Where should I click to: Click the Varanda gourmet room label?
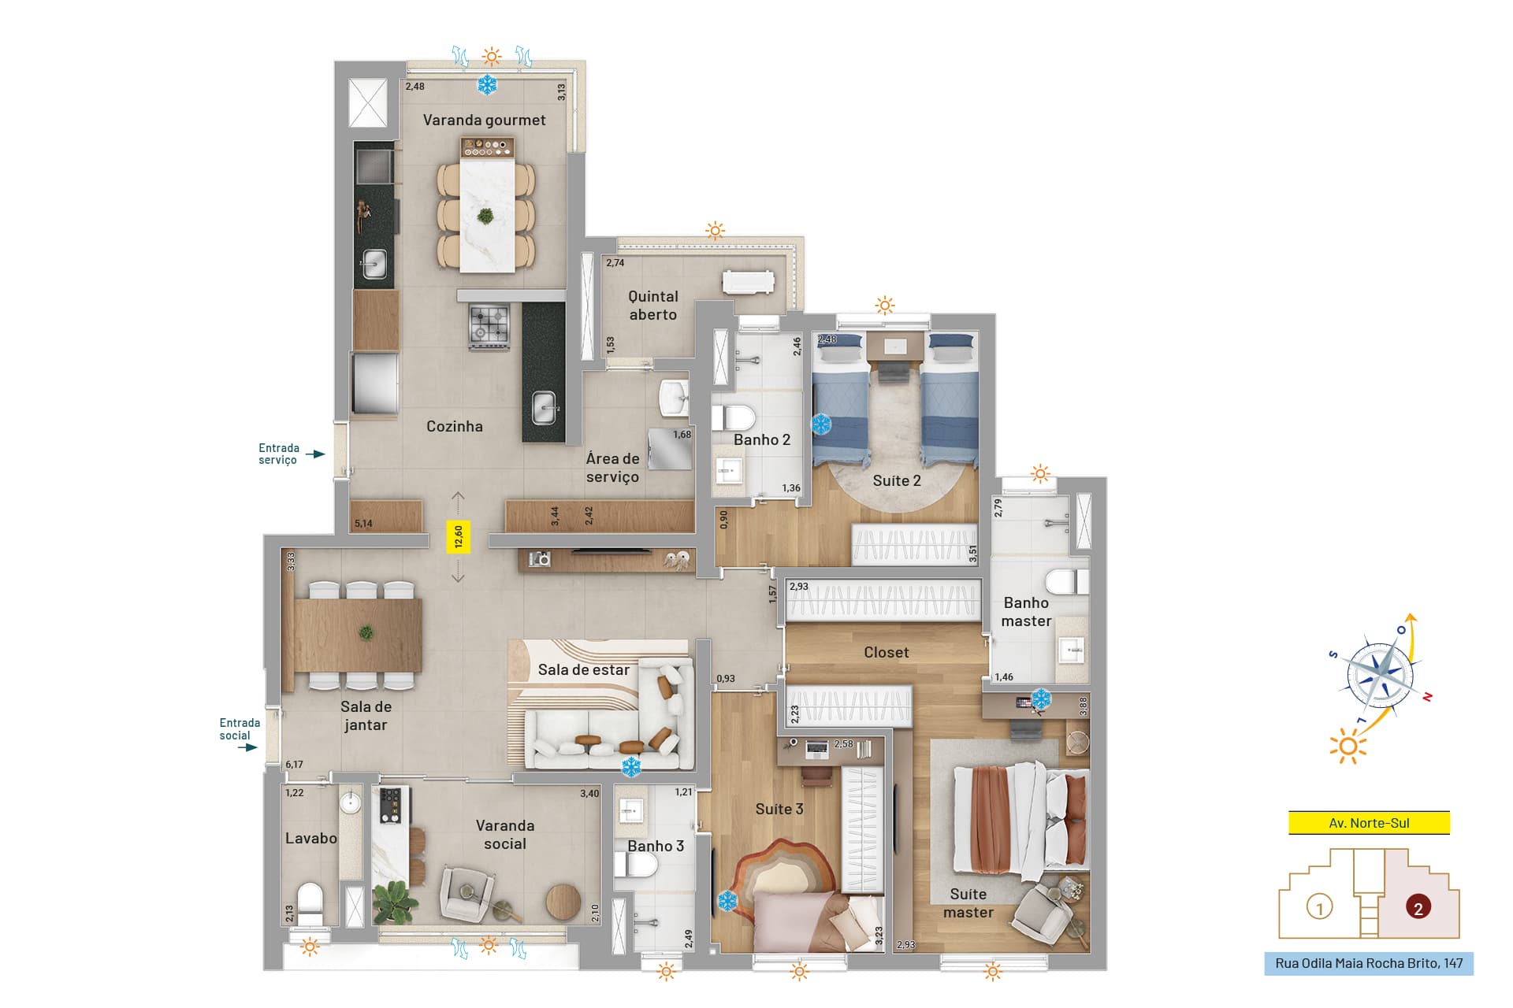tap(484, 120)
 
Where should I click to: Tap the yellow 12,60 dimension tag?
tap(458, 537)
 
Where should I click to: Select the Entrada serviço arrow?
tap(315, 454)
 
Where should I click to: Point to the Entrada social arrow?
tap(248, 747)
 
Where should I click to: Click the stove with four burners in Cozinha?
tap(489, 325)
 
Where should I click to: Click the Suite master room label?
tap(968, 903)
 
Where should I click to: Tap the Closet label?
tap(886, 652)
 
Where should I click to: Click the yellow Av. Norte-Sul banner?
tap(1369, 823)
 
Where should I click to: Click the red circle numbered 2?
tap(1418, 908)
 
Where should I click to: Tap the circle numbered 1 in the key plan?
tap(1319, 907)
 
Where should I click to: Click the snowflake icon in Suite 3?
tap(727, 902)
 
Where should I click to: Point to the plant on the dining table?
tap(366, 632)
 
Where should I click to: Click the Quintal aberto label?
tap(652, 306)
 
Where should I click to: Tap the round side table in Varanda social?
tap(563, 902)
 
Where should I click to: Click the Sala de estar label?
tap(583, 670)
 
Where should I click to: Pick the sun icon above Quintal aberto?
tap(715, 231)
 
